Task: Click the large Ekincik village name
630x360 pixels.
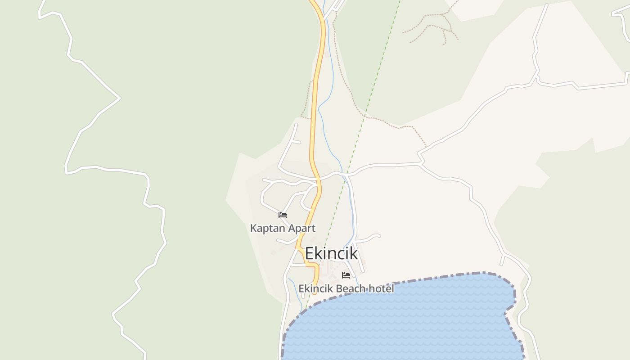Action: (331, 253)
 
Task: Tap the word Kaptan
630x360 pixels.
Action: (267, 228)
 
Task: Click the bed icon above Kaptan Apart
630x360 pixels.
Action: (283, 215)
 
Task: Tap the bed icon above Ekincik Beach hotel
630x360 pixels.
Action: (346, 275)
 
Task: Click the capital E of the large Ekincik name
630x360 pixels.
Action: (309, 253)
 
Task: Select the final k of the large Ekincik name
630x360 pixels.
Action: (354, 253)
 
